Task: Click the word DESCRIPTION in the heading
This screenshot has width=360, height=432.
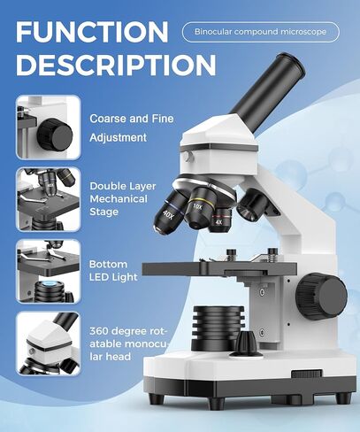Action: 116,66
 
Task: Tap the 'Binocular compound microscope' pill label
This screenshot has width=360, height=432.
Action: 260,33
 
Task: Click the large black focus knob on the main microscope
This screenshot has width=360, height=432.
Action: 321,290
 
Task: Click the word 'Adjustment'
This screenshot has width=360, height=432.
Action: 118,137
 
